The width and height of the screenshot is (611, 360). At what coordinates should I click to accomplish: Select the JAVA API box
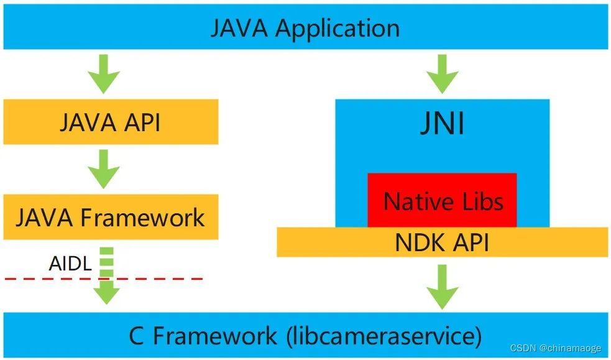coord(110,122)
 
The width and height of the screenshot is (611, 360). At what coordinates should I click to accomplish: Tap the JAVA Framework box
coord(110,217)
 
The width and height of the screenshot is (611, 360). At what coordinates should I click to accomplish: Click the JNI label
coord(442,124)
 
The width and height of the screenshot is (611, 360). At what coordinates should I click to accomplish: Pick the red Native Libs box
coord(442,200)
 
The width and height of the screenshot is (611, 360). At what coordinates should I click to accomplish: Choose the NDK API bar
coord(442,242)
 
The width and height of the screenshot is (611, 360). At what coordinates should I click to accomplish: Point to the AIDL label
coord(70,264)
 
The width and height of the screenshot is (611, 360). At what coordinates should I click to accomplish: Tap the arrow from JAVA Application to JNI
coord(442,72)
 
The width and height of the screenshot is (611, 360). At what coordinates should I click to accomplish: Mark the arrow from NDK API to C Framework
coord(442,286)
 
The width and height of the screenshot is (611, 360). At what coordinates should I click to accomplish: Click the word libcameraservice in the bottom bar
coord(383,336)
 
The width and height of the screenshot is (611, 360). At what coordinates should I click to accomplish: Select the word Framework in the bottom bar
coord(215,336)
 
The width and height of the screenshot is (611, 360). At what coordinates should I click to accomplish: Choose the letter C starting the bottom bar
coord(137,336)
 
